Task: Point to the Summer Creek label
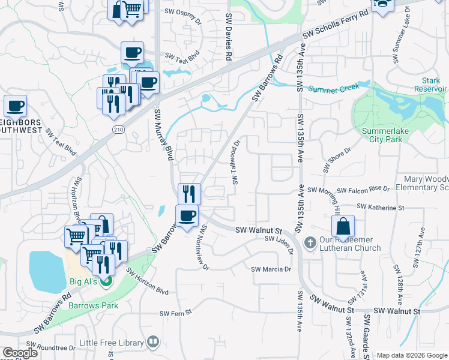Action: coord(334,88)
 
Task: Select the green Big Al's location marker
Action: coord(106,281)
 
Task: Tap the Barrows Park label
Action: coord(93,305)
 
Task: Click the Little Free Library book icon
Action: coord(153,343)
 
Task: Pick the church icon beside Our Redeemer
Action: coord(310,243)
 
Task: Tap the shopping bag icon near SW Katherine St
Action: coord(342,226)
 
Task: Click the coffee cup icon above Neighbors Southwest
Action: coord(15,106)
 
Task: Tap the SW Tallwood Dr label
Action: coord(236,163)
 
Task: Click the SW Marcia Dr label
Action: coord(271,269)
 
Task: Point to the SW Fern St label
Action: coord(175,313)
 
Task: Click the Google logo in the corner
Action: coord(20,353)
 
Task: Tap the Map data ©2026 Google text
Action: coord(411,355)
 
